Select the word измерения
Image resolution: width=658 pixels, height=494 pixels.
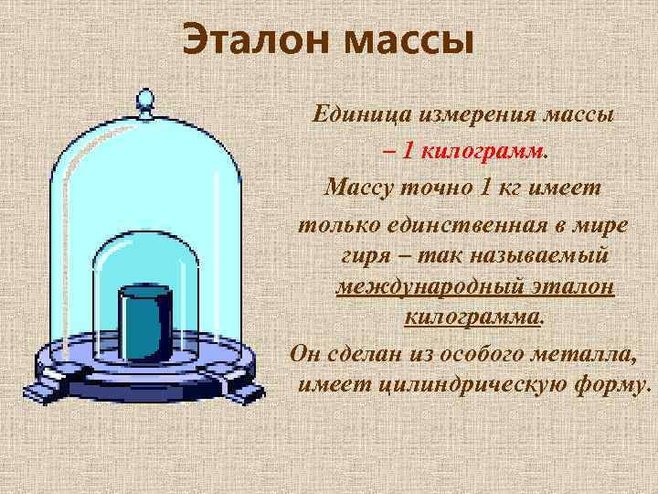click(x=468, y=115)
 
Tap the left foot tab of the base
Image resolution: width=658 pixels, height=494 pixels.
click(x=40, y=392)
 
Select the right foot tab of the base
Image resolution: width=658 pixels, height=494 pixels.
click(x=248, y=392)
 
